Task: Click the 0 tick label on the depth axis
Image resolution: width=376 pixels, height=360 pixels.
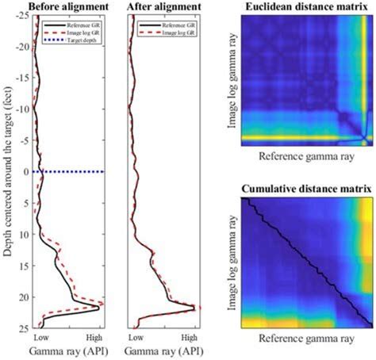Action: click(28, 172)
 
